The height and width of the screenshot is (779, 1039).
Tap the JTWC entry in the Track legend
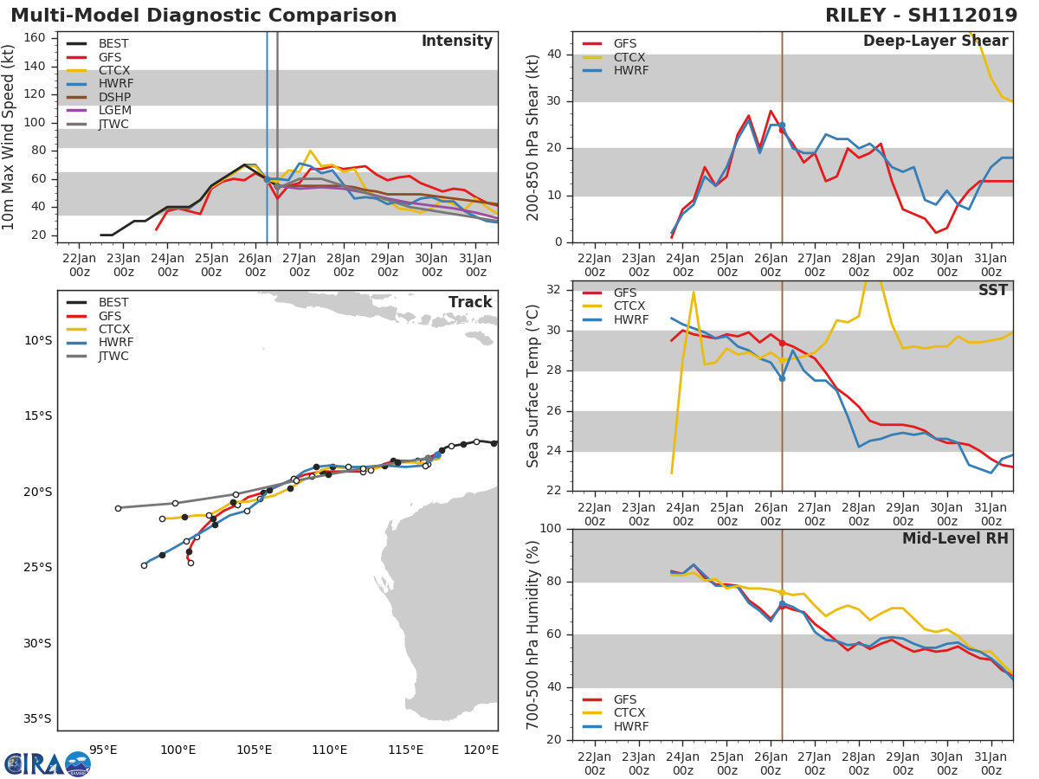pyautogui.click(x=113, y=356)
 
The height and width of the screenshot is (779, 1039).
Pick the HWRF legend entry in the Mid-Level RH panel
pyautogui.click(x=630, y=726)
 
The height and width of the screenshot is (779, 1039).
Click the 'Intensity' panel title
pyautogui.click(x=456, y=42)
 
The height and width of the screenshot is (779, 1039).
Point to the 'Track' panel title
pyautogui.click(x=470, y=302)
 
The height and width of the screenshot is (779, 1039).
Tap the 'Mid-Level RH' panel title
pyautogui.click(x=955, y=539)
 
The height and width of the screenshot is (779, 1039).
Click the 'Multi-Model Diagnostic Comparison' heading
pyautogui.click(x=203, y=16)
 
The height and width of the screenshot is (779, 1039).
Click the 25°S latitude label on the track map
pyautogui.click(x=37, y=568)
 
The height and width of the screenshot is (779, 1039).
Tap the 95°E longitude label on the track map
pyautogui.click(x=103, y=750)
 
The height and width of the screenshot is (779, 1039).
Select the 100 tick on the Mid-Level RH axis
pyautogui.click(x=549, y=529)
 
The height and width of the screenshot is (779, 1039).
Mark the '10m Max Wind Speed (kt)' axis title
pyautogui.click(x=10, y=138)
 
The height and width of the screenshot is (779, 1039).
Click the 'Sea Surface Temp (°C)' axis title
pyautogui.click(x=533, y=386)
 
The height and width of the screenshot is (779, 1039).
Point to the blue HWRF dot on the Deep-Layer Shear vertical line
pyautogui.click(x=782, y=126)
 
